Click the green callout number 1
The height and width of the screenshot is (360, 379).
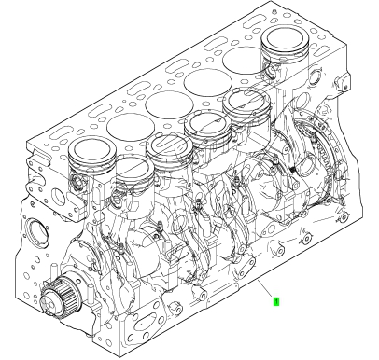point(276,301)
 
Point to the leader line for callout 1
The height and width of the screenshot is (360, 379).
point(265,287)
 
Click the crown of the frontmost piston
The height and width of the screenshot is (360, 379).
point(91,150)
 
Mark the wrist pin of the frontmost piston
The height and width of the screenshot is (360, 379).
point(77,183)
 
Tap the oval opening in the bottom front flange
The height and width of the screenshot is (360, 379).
point(147,325)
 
